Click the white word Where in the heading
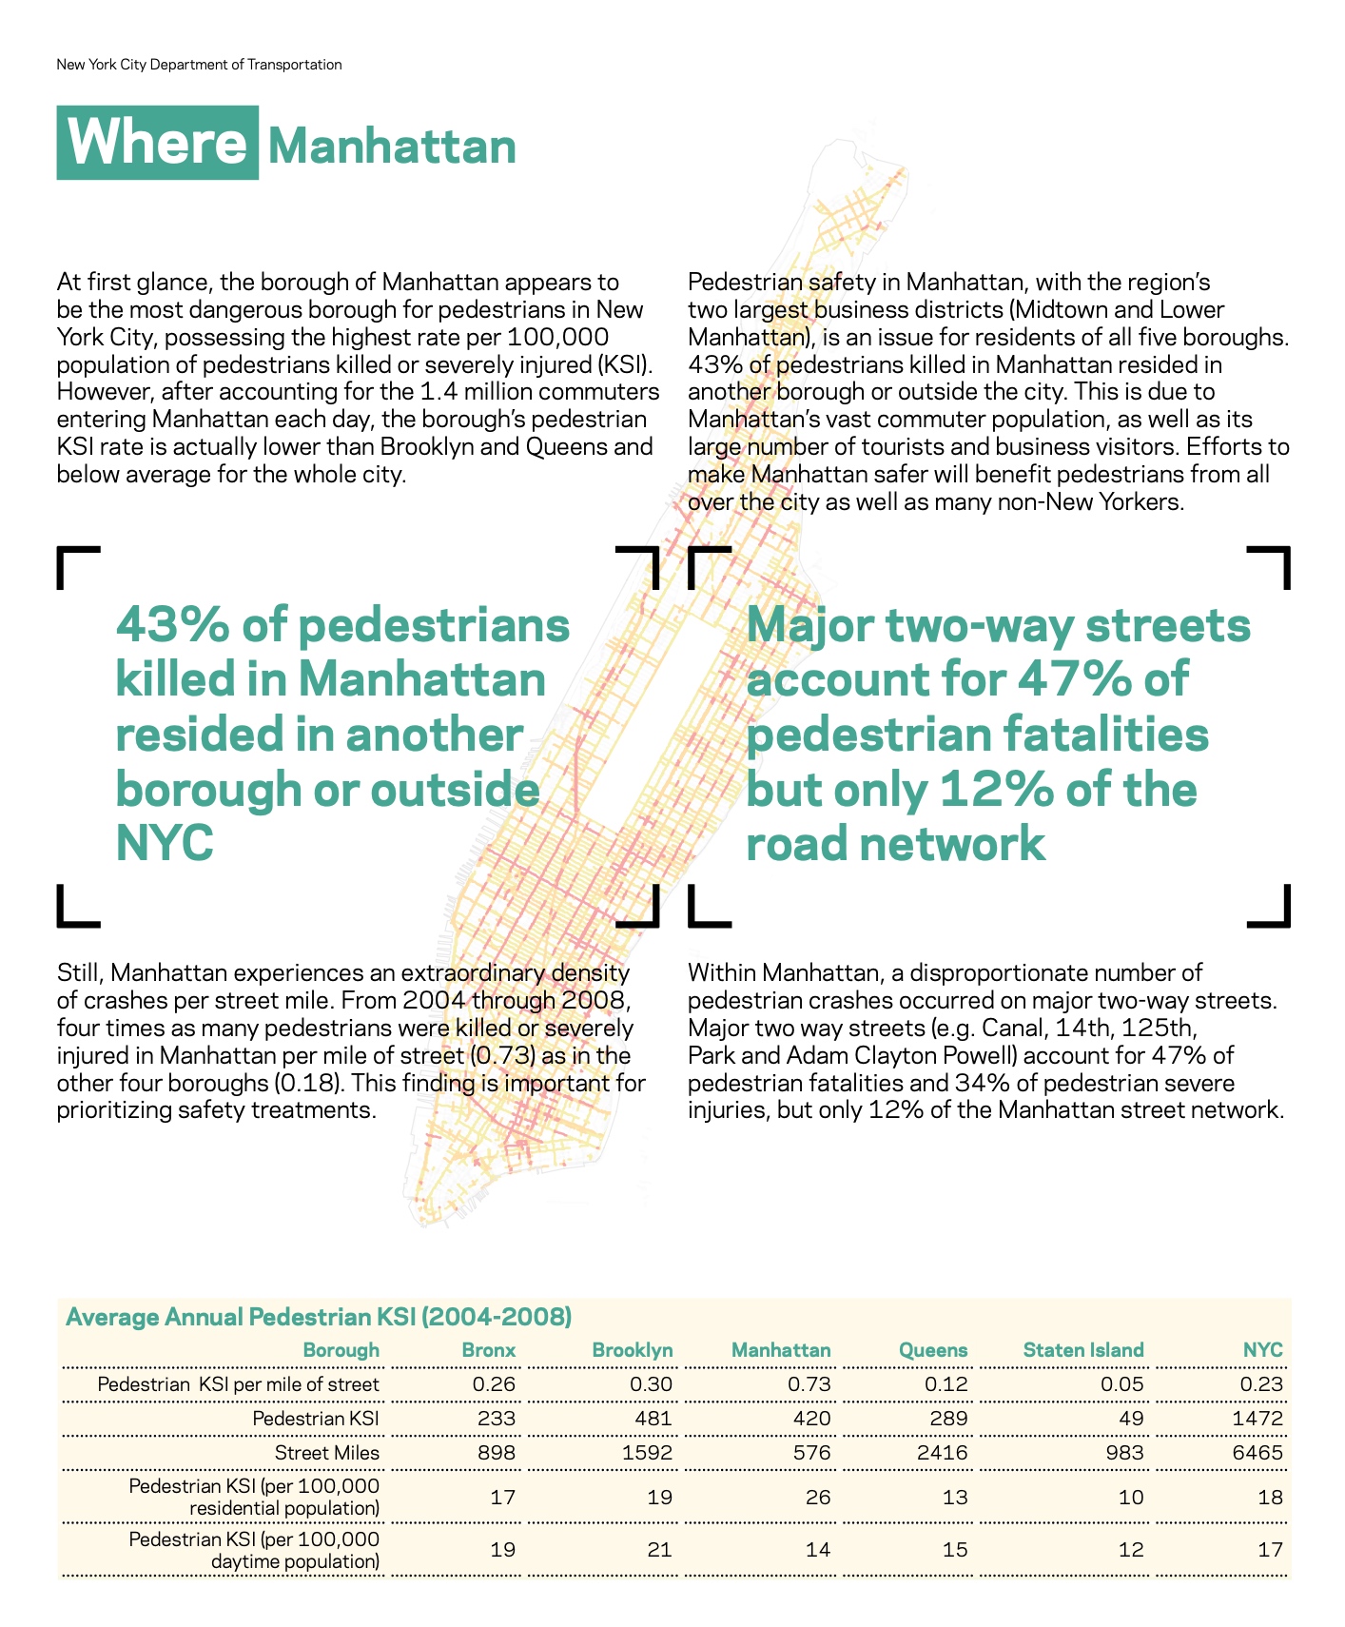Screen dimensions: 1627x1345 [x=157, y=143]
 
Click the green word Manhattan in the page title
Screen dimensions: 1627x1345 [x=392, y=147]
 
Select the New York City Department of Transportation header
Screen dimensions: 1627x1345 [x=199, y=65]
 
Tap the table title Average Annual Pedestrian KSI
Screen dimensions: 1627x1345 [x=319, y=1317]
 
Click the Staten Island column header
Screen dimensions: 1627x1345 [x=1082, y=1350]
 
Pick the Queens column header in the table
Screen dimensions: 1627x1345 [x=932, y=1350]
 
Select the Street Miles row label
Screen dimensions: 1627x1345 [x=326, y=1453]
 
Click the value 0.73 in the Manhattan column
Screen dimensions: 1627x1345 [x=809, y=1384]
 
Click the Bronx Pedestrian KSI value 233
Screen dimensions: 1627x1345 [x=495, y=1419]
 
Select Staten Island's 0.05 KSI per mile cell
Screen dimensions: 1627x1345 [x=1122, y=1384]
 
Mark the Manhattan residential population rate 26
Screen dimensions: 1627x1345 [x=817, y=1498]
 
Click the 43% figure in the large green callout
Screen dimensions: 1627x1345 [x=171, y=626]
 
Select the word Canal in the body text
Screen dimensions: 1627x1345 [x=1011, y=1029]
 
